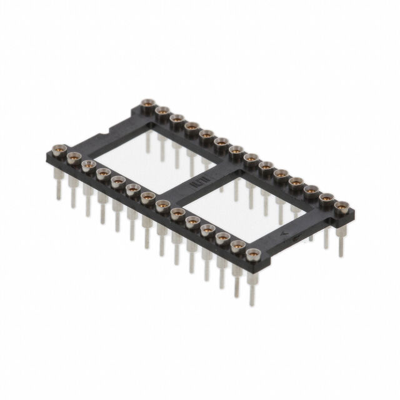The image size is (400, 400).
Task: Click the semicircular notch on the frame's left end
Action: (106, 133)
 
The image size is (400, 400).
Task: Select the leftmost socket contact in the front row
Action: (61, 150)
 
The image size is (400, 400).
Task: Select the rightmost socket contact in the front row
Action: (252, 254)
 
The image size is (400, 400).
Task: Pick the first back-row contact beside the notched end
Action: (147, 104)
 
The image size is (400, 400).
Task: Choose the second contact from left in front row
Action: (73, 156)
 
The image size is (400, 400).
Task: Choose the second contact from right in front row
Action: (237, 246)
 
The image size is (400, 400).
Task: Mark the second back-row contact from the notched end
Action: (162, 111)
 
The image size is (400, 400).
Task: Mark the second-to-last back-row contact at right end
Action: (326, 198)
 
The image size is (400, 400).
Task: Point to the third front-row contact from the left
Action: (87, 164)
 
